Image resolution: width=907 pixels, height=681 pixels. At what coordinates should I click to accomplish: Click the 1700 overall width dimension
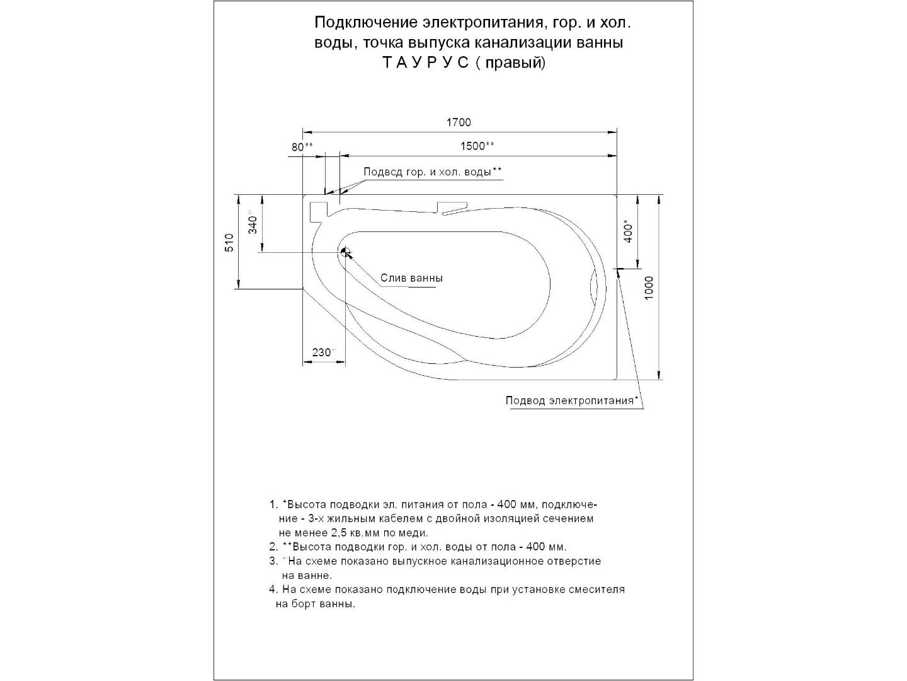tap(459, 122)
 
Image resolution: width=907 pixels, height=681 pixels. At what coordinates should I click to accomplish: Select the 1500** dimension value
tap(477, 146)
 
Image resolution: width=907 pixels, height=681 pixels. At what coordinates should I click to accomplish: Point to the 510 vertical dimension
tap(230, 242)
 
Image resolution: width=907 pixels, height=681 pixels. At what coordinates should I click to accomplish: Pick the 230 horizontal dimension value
tap(322, 352)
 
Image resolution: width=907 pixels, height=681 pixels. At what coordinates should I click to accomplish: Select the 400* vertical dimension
tap(627, 232)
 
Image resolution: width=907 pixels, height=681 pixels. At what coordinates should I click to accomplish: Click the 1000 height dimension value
tap(650, 288)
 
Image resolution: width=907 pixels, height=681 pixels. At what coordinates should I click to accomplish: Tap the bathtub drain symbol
tap(345, 252)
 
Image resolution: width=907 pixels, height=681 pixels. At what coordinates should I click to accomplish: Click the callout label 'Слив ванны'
tap(411, 278)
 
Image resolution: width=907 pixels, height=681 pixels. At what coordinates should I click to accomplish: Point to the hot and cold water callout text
tap(433, 172)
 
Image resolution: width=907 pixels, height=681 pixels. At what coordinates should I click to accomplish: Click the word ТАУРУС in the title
tap(426, 63)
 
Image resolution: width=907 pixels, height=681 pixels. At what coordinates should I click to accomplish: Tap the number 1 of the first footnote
tap(272, 504)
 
